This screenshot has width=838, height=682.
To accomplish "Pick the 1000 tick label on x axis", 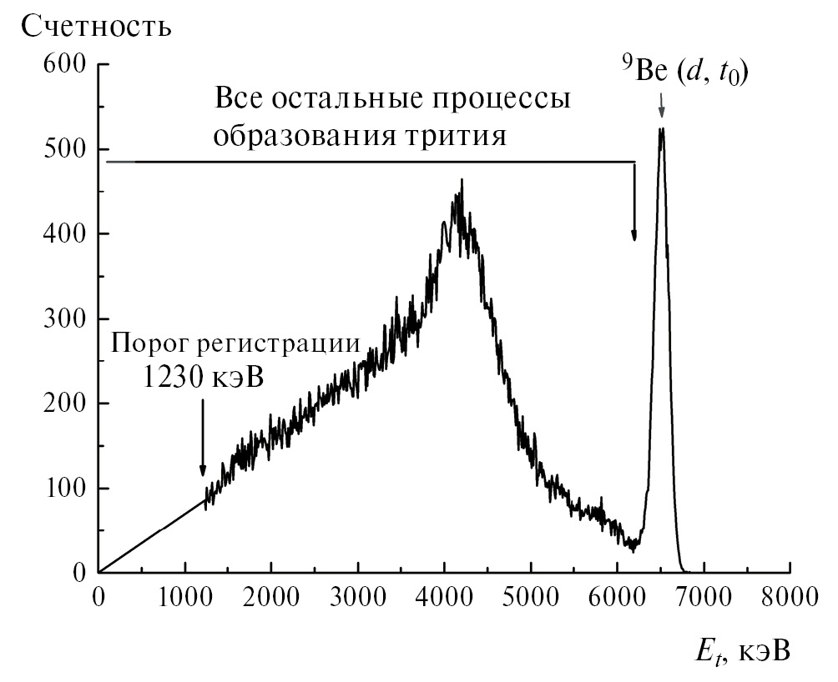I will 184,596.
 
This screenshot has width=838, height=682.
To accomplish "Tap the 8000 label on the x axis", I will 789,596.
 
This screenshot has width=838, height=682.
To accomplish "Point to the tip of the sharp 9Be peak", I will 662,128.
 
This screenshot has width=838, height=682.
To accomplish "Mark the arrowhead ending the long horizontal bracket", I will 634,235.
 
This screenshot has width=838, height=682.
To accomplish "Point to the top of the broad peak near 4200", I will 462,179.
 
